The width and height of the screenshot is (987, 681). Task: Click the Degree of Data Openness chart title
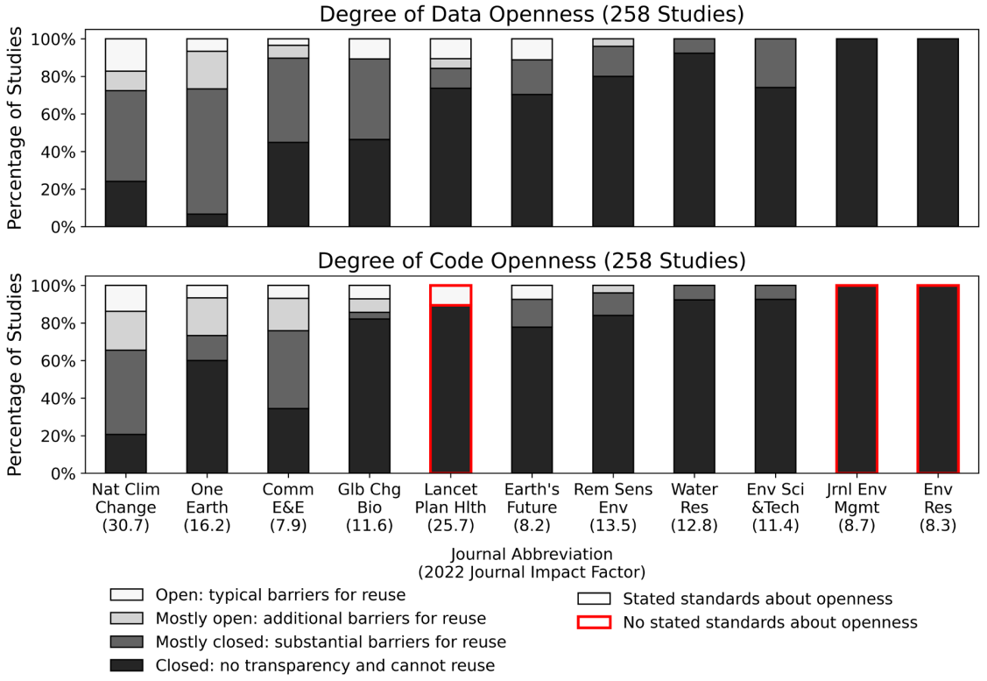coord(532,15)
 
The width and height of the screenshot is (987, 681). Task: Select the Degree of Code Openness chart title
coord(532,261)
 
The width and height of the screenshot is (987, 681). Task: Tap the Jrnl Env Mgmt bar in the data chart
coord(857,131)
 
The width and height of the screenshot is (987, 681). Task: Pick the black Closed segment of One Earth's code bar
coord(207,416)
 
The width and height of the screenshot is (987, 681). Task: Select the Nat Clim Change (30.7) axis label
coord(125,507)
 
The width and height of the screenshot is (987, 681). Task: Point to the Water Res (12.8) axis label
coord(694,507)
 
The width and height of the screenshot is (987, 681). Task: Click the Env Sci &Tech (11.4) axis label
coord(775,507)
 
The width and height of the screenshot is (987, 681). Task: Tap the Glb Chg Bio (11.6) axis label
coord(369,507)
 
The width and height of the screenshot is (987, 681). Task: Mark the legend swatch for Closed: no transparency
coord(126,665)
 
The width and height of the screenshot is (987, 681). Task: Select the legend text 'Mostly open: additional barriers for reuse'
coord(320,619)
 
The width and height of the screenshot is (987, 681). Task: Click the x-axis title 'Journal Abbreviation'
coord(532,554)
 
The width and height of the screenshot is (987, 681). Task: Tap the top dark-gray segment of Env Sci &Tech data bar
coord(775,63)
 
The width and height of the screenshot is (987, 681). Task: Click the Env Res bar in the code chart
coord(938,379)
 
